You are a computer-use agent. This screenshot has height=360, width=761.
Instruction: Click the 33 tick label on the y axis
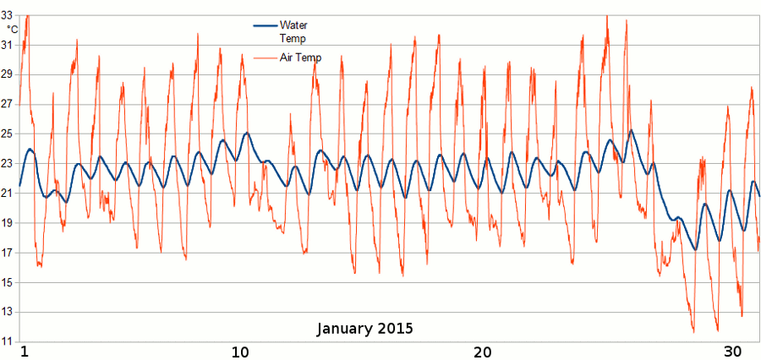(8, 15)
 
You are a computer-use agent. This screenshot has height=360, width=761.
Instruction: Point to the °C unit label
(12, 30)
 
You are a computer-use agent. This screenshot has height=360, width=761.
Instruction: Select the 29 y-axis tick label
(8, 74)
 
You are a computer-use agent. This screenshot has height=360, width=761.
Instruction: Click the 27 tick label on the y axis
(8, 104)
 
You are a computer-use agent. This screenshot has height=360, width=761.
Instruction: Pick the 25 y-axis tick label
(8, 134)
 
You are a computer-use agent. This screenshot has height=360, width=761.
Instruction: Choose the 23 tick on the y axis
(8, 163)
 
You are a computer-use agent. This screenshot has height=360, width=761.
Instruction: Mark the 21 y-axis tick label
(8, 194)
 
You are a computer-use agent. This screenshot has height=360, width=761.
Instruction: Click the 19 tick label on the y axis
(8, 223)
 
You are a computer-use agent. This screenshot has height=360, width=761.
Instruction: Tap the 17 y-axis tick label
(8, 253)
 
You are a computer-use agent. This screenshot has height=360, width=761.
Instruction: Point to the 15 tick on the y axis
(8, 282)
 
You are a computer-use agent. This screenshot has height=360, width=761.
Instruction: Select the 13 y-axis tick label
(8, 312)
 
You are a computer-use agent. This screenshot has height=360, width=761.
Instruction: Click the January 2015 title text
(365, 328)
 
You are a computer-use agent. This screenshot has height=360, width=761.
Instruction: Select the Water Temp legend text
(293, 31)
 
